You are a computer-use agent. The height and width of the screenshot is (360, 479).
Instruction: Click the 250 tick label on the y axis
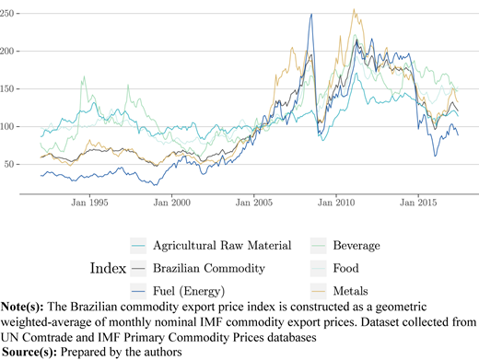(6, 14)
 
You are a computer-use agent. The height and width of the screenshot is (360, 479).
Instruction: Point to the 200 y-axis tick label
(6, 52)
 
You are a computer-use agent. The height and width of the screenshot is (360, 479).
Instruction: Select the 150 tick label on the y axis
(6, 89)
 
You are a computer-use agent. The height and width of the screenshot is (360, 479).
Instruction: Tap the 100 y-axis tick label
(6, 126)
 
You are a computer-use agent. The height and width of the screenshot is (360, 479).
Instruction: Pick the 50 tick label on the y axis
(9, 164)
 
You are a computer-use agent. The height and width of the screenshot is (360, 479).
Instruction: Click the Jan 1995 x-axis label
(89, 203)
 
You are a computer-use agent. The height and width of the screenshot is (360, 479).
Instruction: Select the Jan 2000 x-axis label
(172, 203)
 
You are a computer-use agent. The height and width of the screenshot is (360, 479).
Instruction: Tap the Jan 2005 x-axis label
(254, 203)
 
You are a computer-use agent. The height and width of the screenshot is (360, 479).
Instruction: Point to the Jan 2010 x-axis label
(336, 203)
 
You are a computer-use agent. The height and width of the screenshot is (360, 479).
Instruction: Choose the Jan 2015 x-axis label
(418, 203)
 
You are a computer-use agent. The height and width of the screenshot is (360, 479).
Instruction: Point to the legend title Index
(108, 268)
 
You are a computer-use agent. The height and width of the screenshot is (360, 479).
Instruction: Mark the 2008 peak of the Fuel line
(311, 14)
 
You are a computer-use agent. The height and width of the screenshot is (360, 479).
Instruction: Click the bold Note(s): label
(22, 307)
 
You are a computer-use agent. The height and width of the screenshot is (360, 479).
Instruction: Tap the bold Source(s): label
(29, 352)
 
